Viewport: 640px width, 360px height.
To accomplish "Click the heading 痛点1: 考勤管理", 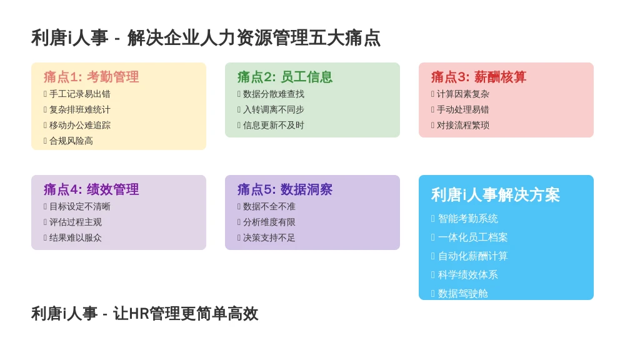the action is [91, 77].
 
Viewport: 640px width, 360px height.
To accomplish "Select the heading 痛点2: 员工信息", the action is [285, 77].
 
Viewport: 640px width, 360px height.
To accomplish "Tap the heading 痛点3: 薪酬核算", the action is [478, 77].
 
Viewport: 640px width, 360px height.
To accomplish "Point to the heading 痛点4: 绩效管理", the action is [91, 189].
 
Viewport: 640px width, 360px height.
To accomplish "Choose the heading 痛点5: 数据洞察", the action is [285, 189].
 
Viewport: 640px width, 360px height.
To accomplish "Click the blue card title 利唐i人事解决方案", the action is [496, 195].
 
